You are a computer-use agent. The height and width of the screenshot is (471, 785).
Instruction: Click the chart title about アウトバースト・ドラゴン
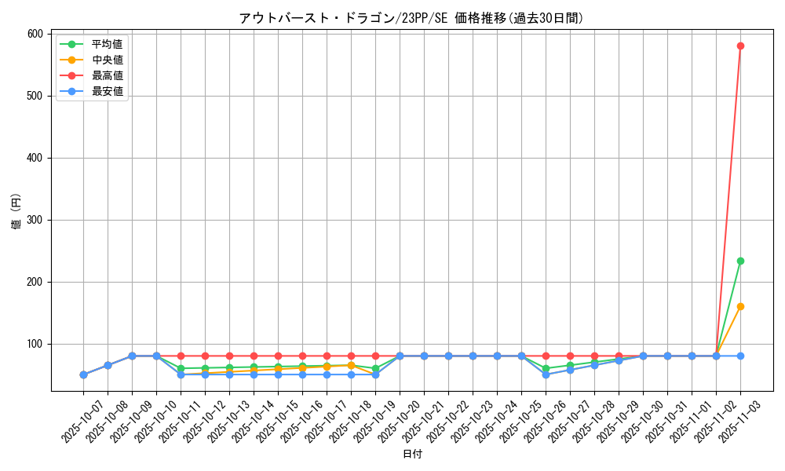[x=411, y=18]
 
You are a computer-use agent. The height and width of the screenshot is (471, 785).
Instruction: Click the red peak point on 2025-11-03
[x=740, y=46]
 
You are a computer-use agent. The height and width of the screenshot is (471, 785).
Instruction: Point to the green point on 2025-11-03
[x=740, y=261]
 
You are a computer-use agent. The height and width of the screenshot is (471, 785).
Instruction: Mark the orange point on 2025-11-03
[x=740, y=306]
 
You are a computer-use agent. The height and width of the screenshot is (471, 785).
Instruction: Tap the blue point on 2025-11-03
[x=740, y=356]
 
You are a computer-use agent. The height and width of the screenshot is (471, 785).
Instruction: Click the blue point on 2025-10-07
[x=83, y=374]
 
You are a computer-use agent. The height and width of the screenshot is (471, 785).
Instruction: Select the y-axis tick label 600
[x=35, y=34]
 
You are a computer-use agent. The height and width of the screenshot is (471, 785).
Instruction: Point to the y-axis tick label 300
[x=35, y=220]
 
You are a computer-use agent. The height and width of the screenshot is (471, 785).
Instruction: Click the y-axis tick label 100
[x=35, y=344]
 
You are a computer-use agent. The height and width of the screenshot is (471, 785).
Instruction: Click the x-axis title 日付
[x=412, y=455]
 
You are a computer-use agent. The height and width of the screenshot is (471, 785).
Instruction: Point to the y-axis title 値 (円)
[x=16, y=212]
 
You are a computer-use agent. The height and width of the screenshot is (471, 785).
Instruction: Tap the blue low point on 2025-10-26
[x=546, y=374]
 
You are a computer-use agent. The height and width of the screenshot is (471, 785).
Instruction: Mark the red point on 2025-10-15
[x=278, y=356]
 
